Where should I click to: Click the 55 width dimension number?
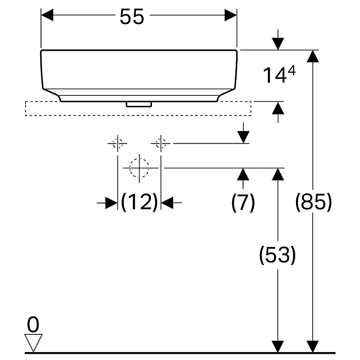pos(132,16)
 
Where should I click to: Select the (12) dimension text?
pos(139,202)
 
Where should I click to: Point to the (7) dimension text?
pos(243,202)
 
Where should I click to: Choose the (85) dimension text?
pos(314,202)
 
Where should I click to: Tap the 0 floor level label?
pos(33,324)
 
